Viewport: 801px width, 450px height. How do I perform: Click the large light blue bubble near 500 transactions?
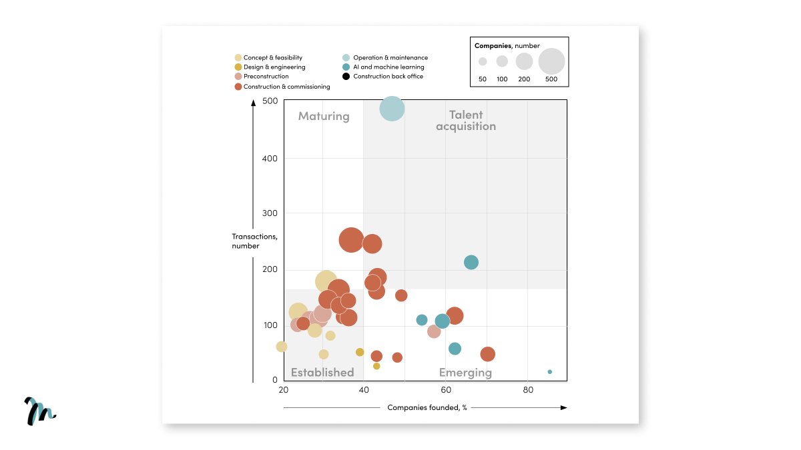392,109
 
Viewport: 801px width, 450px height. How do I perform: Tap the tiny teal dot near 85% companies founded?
549,372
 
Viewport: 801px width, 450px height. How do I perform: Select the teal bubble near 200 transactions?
471,262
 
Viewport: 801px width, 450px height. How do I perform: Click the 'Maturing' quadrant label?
324,116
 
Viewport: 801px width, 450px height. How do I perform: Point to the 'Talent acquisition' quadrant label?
466,121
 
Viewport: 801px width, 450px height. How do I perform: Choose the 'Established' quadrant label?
322,373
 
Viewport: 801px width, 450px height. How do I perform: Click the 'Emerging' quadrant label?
465,373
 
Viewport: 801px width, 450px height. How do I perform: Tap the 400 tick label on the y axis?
270,158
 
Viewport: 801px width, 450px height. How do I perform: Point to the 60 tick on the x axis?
446,390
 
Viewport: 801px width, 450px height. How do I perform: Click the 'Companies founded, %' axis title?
427,407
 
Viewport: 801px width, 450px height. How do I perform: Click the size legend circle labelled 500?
551,61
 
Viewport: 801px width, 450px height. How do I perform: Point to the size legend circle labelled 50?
483,61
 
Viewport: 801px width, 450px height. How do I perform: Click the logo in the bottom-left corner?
40,411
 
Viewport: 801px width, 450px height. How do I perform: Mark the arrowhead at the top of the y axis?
253,103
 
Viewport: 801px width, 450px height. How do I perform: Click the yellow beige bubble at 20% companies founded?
282,347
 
